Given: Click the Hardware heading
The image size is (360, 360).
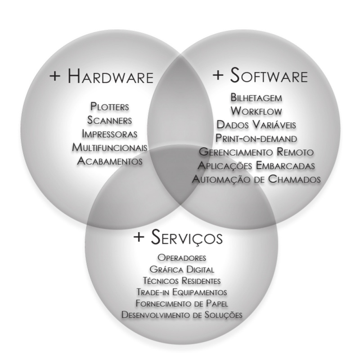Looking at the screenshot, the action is click(x=110, y=76).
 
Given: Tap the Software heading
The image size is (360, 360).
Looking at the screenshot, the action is click(x=269, y=75).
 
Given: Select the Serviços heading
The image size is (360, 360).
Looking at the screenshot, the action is click(x=187, y=237).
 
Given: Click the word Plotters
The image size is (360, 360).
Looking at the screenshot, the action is click(x=109, y=107).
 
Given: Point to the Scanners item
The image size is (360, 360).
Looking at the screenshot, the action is click(x=109, y=120).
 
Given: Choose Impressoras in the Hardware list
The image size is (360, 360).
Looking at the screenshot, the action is click(x=109, y=134).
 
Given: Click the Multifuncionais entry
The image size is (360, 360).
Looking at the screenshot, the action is click(x=109, y=147).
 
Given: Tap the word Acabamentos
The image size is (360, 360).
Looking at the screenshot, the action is click(x=109, y=161).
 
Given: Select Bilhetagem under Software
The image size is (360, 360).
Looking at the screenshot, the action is click(x=256, y=98).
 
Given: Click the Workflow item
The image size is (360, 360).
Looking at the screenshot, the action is click(x=256, y=111).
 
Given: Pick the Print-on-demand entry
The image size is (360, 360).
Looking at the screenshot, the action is click(x=256, y=139).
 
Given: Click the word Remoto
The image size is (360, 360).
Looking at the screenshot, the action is click(x=295, y=152).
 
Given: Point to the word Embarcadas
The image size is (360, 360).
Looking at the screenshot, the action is click(x=285, y=166).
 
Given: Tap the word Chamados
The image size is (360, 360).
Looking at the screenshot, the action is click(x=294, y=179).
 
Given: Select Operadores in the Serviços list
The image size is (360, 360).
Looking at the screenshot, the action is click(x=182, y=257).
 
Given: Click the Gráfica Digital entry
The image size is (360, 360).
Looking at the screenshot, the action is click(x=182, y=269).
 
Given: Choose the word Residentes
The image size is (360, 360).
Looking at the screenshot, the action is click(x=201, y=280).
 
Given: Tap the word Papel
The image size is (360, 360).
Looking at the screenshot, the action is click(x=217, y=303).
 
